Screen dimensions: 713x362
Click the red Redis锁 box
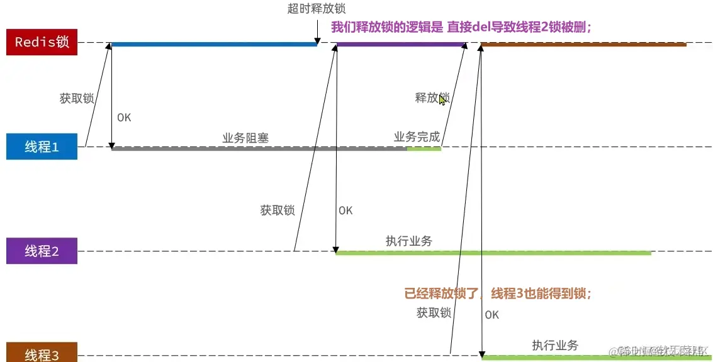click(x=42, y=43)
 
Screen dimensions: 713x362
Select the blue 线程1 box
click(x=42, y=147)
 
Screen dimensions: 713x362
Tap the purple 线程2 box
click(x=42, y=251)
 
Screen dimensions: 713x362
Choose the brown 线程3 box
click(x=42, y=354)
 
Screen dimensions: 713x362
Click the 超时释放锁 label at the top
click(x=316, y=9)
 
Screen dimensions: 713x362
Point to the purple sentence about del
click(x=461, y=27)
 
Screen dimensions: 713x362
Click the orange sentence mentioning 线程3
click(x=497, y=293)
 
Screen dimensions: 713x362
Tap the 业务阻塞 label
click(x=245, y=138)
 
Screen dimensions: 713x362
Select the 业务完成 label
click(x=417, y=137)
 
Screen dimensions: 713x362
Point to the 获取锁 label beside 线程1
click(x=77, y=98)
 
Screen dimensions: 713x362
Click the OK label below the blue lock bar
click(x=124, y=118)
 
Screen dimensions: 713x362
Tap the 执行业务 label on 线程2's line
click(x=409, y=241)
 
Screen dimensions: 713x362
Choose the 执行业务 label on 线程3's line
click(x=555, y=345)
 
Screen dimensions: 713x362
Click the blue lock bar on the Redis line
click(x=214, y=45)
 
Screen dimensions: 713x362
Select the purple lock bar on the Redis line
click(x=401, y=45)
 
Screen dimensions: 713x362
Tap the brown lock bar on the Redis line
click(x=583, y=45)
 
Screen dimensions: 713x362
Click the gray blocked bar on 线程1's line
click(x=258, y=149)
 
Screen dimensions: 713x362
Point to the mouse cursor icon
click(x=442, y=100)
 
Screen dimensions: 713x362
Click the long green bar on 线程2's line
click(x=493, y=253)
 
